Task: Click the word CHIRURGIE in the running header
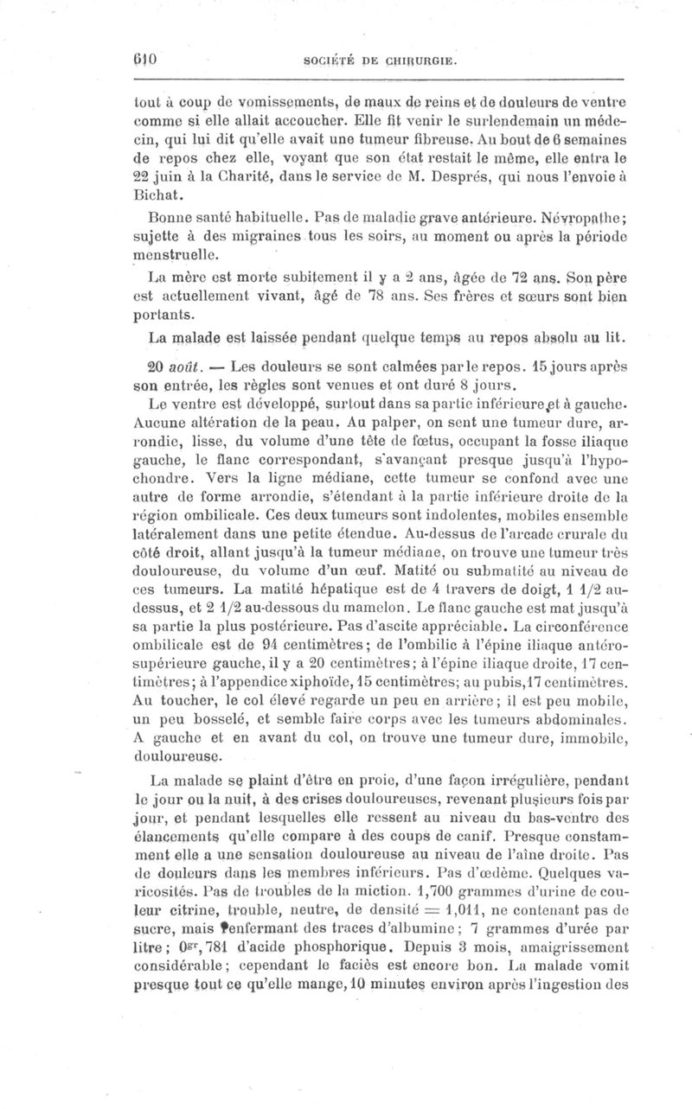[x=420, y=62]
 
